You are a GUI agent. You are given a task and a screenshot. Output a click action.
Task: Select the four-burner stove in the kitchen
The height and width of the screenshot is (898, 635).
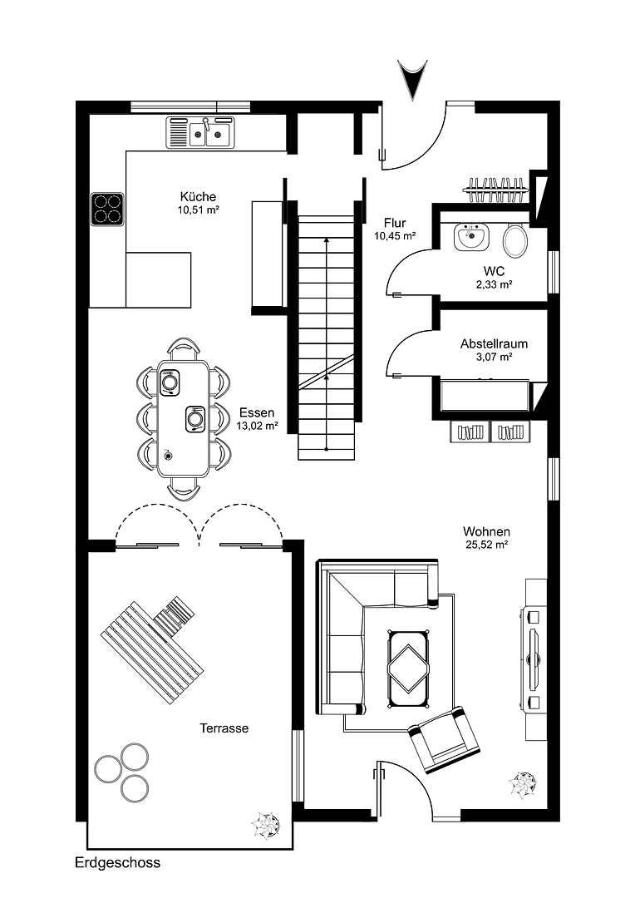[x=107, y=210]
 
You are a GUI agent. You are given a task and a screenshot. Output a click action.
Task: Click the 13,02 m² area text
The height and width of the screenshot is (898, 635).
[x=258, y=425]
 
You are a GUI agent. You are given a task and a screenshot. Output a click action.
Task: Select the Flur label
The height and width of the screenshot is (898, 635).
[x=395, y=223]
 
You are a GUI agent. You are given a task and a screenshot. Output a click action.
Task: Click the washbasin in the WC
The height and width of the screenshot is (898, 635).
[x=471, y=237]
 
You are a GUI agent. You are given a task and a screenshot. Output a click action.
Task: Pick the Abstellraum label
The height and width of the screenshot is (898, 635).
[x=494, y=343]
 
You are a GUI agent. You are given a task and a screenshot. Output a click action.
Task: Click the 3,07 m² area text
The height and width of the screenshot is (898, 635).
[x=494, y=357]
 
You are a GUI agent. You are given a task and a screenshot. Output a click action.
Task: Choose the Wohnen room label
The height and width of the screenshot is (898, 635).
[x=486, y=531]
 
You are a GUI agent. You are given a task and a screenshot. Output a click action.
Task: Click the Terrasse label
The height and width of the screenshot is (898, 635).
[x=224, y=728]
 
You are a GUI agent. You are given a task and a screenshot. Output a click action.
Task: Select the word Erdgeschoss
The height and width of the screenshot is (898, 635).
[x=116, y=863]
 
